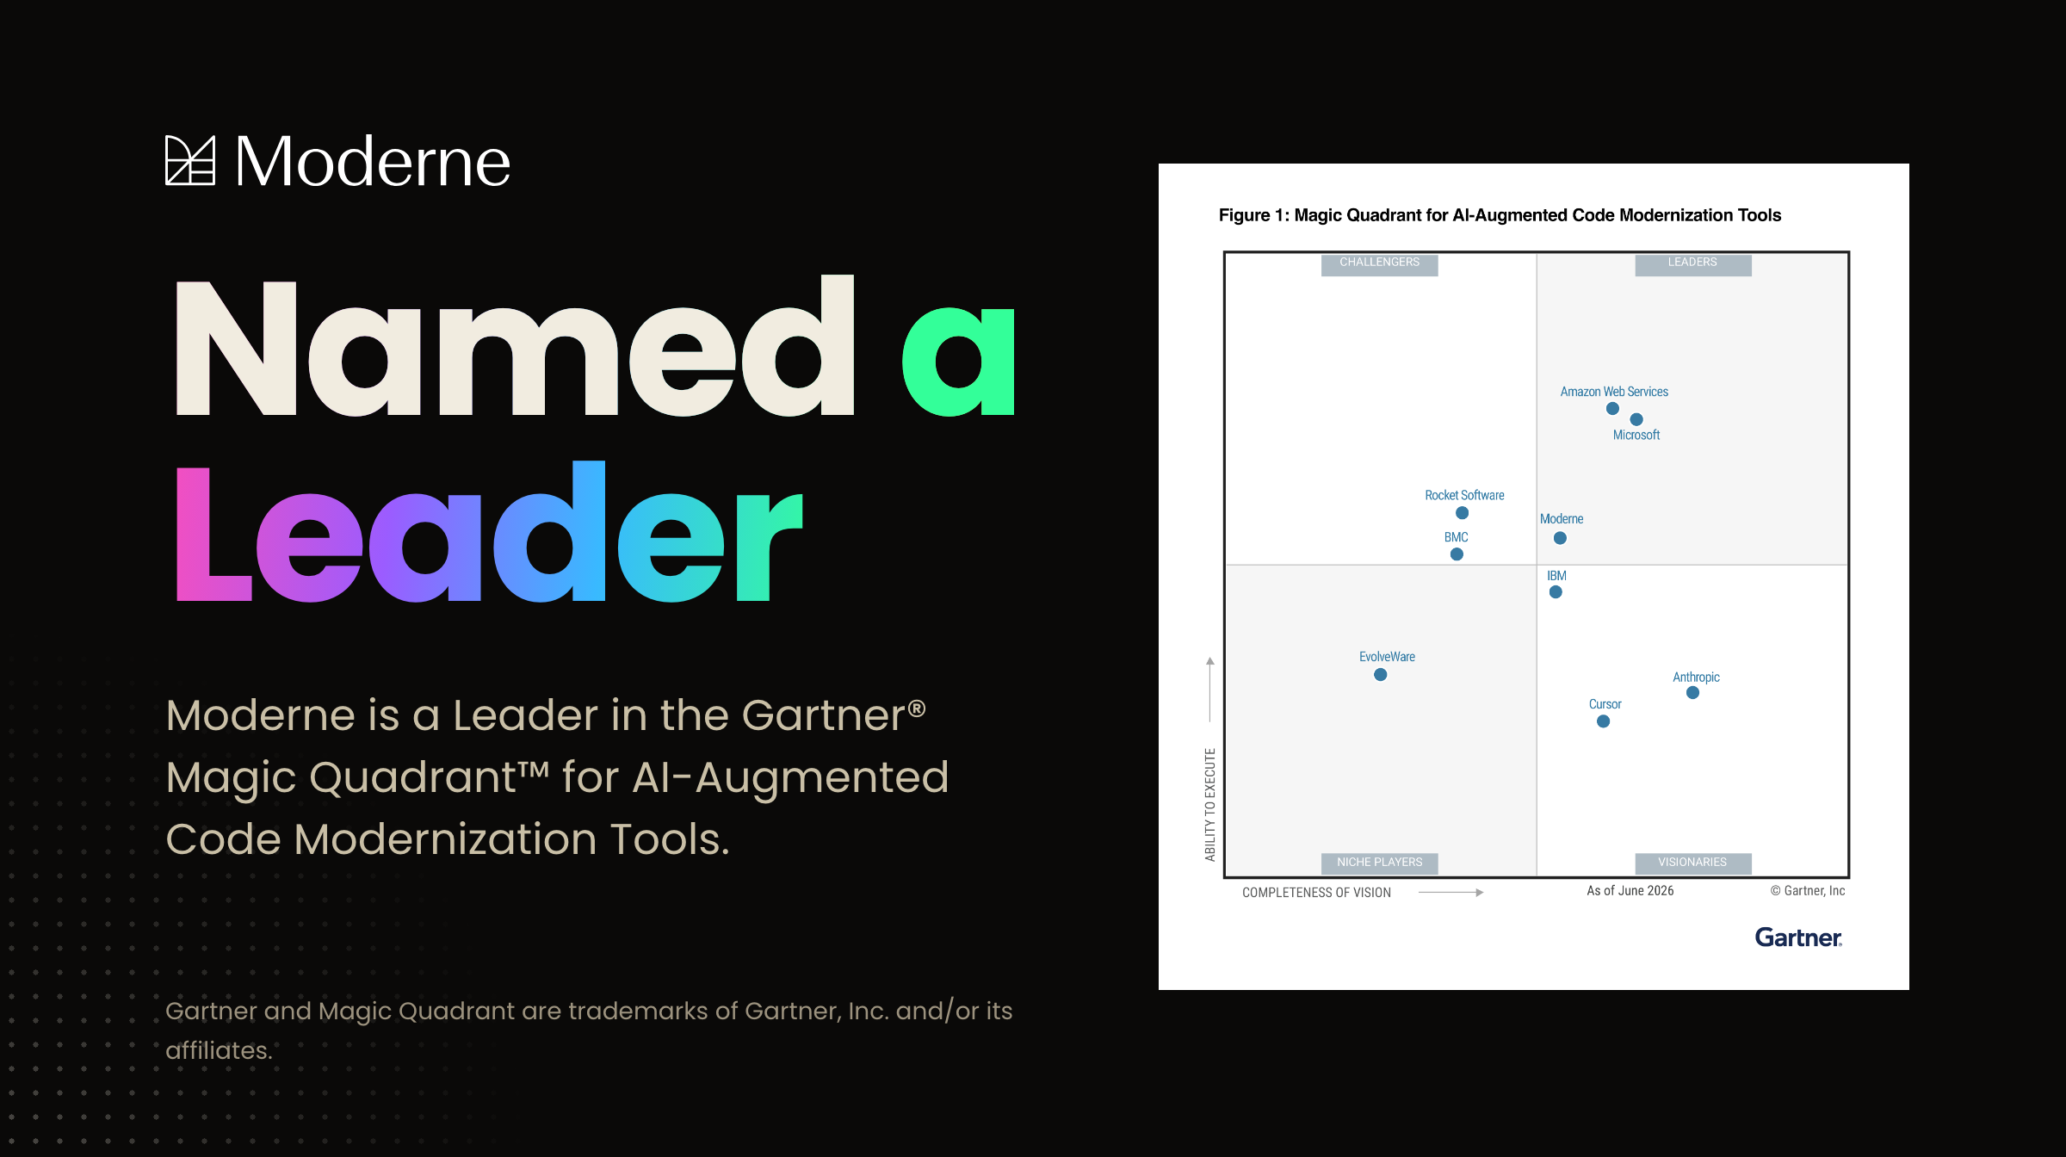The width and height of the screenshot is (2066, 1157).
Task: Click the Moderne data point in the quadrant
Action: point(1560,538)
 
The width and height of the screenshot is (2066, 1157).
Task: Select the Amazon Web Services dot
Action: point(1612,409)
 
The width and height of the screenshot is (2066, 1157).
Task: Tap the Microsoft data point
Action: point(1636,419)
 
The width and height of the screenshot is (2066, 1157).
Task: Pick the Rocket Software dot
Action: point(1462,513)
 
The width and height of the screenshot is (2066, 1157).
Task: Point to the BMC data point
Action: point(1457,554)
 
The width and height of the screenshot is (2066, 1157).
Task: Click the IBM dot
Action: point(1556,592)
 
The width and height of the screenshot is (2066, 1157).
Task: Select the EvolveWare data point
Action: point(1380,675)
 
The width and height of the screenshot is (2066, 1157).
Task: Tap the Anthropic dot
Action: point(1692,693)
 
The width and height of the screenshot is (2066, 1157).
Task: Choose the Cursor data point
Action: point(1603,721)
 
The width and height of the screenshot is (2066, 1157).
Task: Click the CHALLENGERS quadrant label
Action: point(1379,263)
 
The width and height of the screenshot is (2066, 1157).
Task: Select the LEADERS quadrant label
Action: point(1692,263)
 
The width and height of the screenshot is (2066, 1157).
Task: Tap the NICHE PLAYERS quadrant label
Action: point(1379,863)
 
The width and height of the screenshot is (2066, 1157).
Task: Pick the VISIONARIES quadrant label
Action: point(1692,863)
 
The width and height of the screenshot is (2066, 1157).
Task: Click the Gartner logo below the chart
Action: point(1798,937)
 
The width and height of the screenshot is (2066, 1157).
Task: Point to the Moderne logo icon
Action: point(190,160)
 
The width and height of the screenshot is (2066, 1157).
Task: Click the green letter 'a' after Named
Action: point(958,362)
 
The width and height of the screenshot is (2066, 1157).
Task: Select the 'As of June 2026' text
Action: point(1630,891)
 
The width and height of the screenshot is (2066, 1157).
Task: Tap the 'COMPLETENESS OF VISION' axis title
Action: point(1316,893)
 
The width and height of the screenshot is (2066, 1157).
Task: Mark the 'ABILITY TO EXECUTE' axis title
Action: point(1210,804)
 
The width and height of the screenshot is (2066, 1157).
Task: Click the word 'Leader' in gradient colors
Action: point(489,531)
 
